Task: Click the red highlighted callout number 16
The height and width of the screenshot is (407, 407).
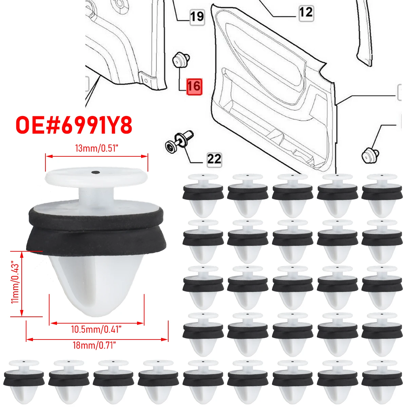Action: point(194,86)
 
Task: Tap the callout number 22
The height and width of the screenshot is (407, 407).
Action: point(214,159)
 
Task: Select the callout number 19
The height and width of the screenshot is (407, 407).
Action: point(197,16)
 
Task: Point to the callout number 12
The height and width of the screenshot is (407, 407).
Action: point(306,13)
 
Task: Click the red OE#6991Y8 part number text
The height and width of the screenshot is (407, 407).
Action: point(74,125)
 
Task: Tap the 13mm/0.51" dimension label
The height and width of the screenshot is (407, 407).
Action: point(96,149)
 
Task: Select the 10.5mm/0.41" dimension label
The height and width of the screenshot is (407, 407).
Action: point(96,329)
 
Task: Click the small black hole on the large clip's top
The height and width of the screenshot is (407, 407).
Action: point(96,172)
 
